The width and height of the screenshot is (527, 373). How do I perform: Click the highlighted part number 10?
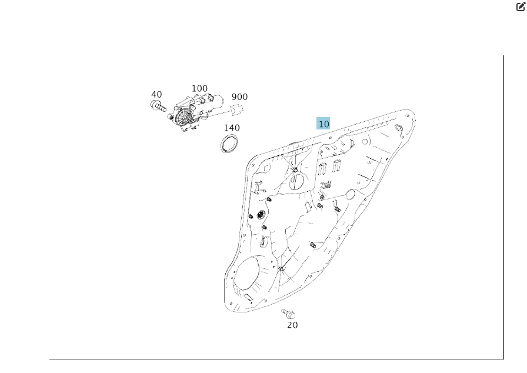coord(323,124)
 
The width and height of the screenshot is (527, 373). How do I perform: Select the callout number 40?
coord(156,94)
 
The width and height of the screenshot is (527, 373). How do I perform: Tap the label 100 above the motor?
coord(199,88)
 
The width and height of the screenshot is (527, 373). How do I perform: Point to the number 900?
coord(239,96)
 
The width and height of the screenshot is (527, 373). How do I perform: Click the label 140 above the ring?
coord(232,127)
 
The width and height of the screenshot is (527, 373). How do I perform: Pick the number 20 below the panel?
coord(292,325)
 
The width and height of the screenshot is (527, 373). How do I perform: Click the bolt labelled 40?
coord(158,106)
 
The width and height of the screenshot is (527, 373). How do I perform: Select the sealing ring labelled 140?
coord(230,144)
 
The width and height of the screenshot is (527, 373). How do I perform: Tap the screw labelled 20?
coord(288,312)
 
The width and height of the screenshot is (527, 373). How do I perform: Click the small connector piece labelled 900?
coord(236,109)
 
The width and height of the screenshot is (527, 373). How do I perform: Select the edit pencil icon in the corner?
coord(521,6)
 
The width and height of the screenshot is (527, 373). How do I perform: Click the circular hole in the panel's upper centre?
coord(298,181)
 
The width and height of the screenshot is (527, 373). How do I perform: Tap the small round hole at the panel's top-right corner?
coord(399,128)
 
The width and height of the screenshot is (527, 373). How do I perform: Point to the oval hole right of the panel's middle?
coord(350,194)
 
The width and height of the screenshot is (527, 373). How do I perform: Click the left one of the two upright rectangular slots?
coord(322,168)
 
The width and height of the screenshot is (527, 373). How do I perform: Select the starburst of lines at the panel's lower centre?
coord(281,269)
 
